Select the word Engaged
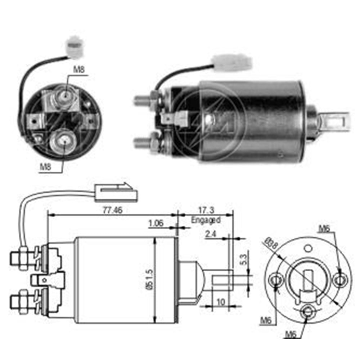206,219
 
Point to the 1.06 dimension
156,224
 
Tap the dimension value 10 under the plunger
221,301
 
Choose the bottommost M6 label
291,335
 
